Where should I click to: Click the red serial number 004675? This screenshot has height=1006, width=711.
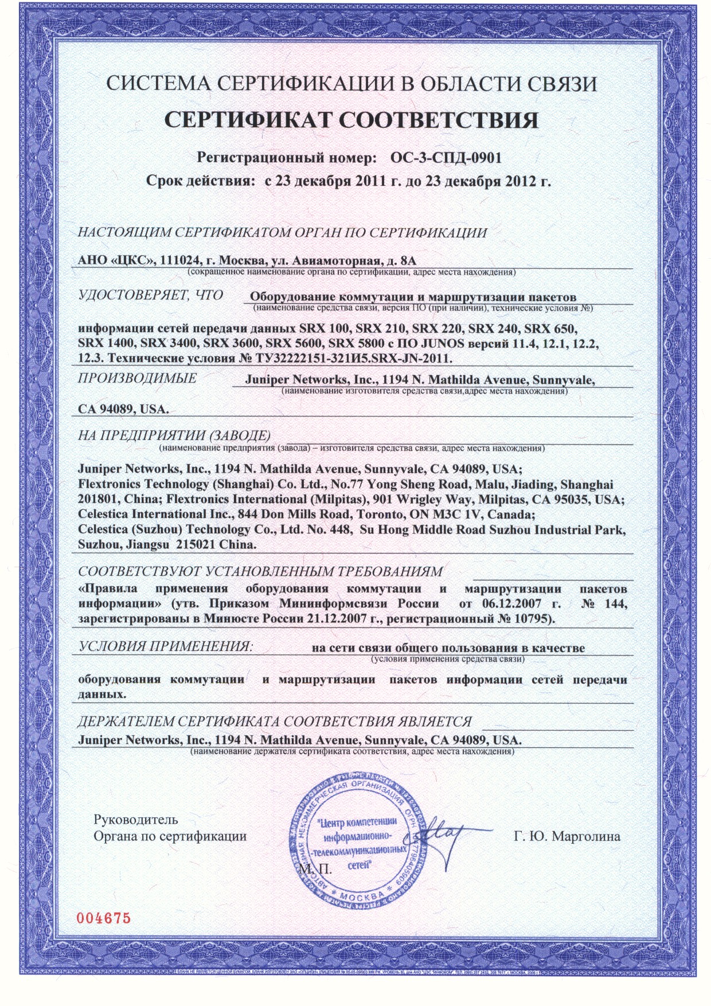tap(104, 918)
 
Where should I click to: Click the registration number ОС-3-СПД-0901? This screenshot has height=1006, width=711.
tap(446, 157)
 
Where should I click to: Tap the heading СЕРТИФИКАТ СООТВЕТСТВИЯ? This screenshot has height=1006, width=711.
tap(351, 120)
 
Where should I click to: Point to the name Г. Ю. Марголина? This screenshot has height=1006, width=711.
tap(567, 836)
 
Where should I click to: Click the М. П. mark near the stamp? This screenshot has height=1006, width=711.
tap(315, 869)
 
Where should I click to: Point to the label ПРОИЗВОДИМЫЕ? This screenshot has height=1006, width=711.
tap(137, 378)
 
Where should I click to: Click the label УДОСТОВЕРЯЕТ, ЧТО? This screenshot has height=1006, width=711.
tap(150, 295)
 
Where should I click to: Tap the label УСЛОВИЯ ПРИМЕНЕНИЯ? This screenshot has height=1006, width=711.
tap(165, 646)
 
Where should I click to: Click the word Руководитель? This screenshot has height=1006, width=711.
tap(135, 820)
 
